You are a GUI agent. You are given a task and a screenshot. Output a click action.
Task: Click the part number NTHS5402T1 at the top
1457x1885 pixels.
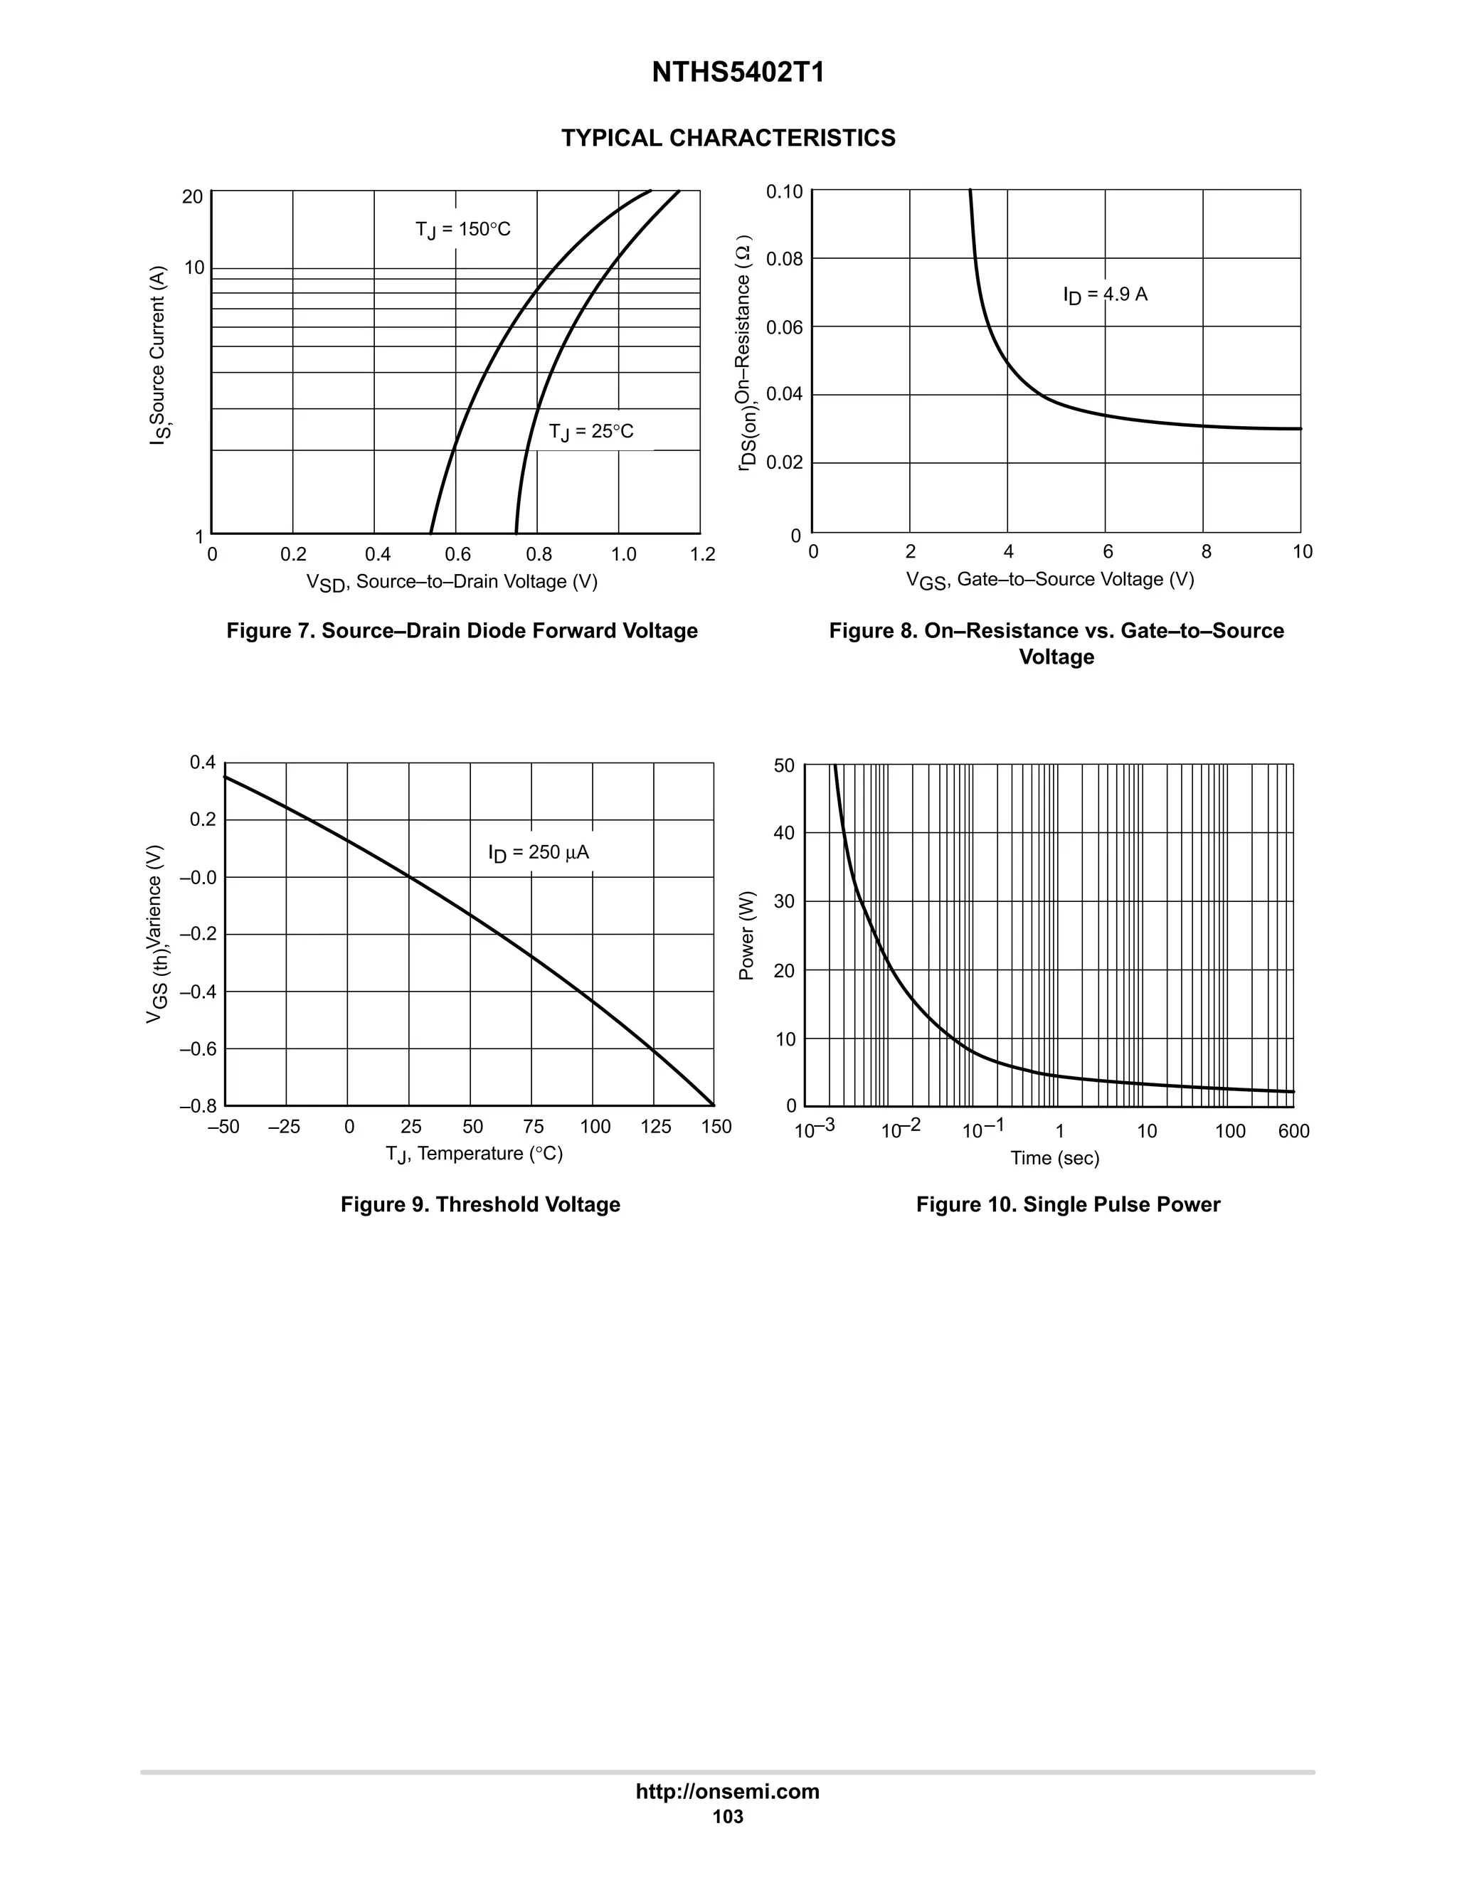point(738,73)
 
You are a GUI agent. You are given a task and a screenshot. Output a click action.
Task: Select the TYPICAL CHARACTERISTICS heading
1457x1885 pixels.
point(728,138)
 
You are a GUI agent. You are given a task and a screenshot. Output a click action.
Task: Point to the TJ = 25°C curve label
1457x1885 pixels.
point(591,432)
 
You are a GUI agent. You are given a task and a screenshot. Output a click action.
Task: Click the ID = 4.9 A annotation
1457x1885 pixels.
point(1105,295)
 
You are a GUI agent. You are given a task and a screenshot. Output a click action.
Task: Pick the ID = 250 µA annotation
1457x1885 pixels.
point(539,853)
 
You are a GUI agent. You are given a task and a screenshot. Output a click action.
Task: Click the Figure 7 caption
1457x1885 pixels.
point(462,631)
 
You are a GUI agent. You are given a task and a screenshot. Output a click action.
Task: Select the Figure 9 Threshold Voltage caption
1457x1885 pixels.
point(480,1205)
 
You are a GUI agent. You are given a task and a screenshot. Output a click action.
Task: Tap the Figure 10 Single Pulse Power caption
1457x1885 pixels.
point(1068,1205)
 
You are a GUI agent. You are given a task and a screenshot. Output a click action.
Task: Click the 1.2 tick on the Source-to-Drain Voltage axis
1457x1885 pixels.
point(703,555)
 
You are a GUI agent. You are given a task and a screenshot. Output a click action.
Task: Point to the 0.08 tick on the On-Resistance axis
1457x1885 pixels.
point(784,259)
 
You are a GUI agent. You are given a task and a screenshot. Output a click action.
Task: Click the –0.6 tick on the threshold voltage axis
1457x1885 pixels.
point(198,1049)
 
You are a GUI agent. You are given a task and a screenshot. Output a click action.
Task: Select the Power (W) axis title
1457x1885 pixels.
point(748,935)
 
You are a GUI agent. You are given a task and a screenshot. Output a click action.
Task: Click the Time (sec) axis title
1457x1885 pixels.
point(1055,1158)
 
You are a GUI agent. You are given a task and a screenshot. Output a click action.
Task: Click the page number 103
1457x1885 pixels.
point(728,1817)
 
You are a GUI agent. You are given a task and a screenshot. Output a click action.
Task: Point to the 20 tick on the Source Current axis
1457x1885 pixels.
point(193,197)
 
